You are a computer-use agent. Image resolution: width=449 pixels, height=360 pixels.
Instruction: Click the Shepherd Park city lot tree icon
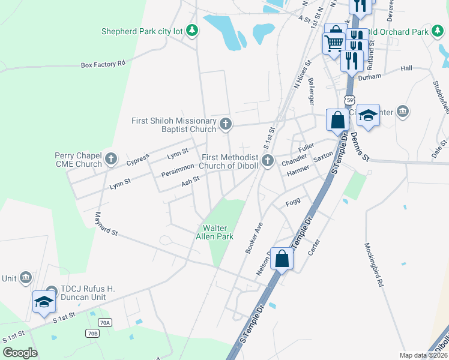point(191,31)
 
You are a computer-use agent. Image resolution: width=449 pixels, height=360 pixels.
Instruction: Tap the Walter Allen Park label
point(217,232)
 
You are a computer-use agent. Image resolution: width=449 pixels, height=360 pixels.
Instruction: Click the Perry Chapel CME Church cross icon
point(110,159)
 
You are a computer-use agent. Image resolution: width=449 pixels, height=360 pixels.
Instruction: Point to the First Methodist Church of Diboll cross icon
point(268,160)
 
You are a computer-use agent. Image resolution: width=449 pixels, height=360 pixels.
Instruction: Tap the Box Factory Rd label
point(103,63)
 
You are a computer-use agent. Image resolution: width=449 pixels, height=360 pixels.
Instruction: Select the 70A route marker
point(106,322)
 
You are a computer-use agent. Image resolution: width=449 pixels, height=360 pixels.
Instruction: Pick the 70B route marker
point(92,333)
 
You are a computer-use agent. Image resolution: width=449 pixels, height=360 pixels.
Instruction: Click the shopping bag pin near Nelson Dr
point(282,259)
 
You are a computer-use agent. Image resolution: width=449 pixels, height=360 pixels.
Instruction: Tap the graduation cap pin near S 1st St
point(44,302)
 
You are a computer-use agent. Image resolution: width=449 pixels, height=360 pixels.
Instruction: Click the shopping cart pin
point(334,43)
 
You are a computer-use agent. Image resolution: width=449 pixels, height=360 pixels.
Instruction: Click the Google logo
point(20,353)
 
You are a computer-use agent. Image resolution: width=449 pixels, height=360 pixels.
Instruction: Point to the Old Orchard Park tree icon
point(436,32)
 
